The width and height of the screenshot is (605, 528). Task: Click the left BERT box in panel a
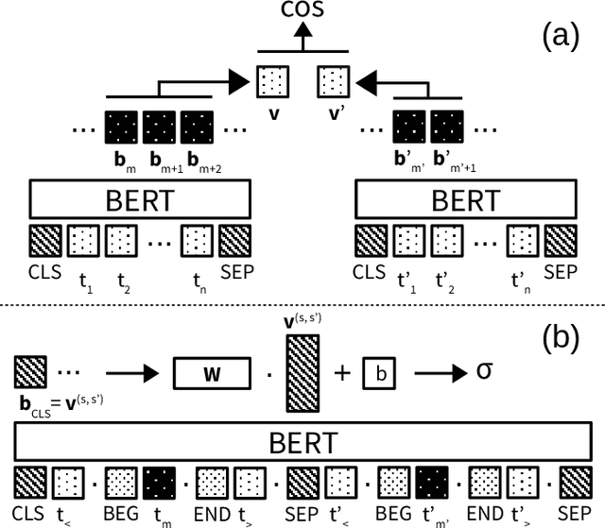pos(140,202)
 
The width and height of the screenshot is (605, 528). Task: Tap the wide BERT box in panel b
pos(302,443)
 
